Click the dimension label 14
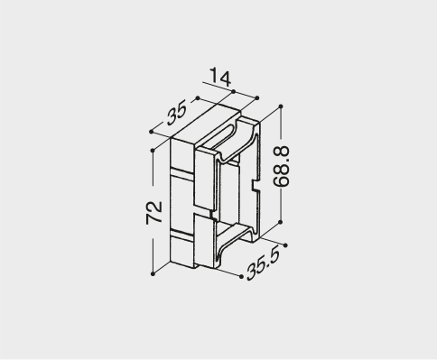point(220,78)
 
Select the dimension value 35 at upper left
point(176,113)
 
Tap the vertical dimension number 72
point(154,213)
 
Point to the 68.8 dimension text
point(282,167)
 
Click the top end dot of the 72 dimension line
point(153,150)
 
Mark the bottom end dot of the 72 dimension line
point(153,273)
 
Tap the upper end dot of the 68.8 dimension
point(281,106)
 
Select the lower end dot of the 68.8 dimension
point(281,222)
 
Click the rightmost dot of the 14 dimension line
point(257,98)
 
